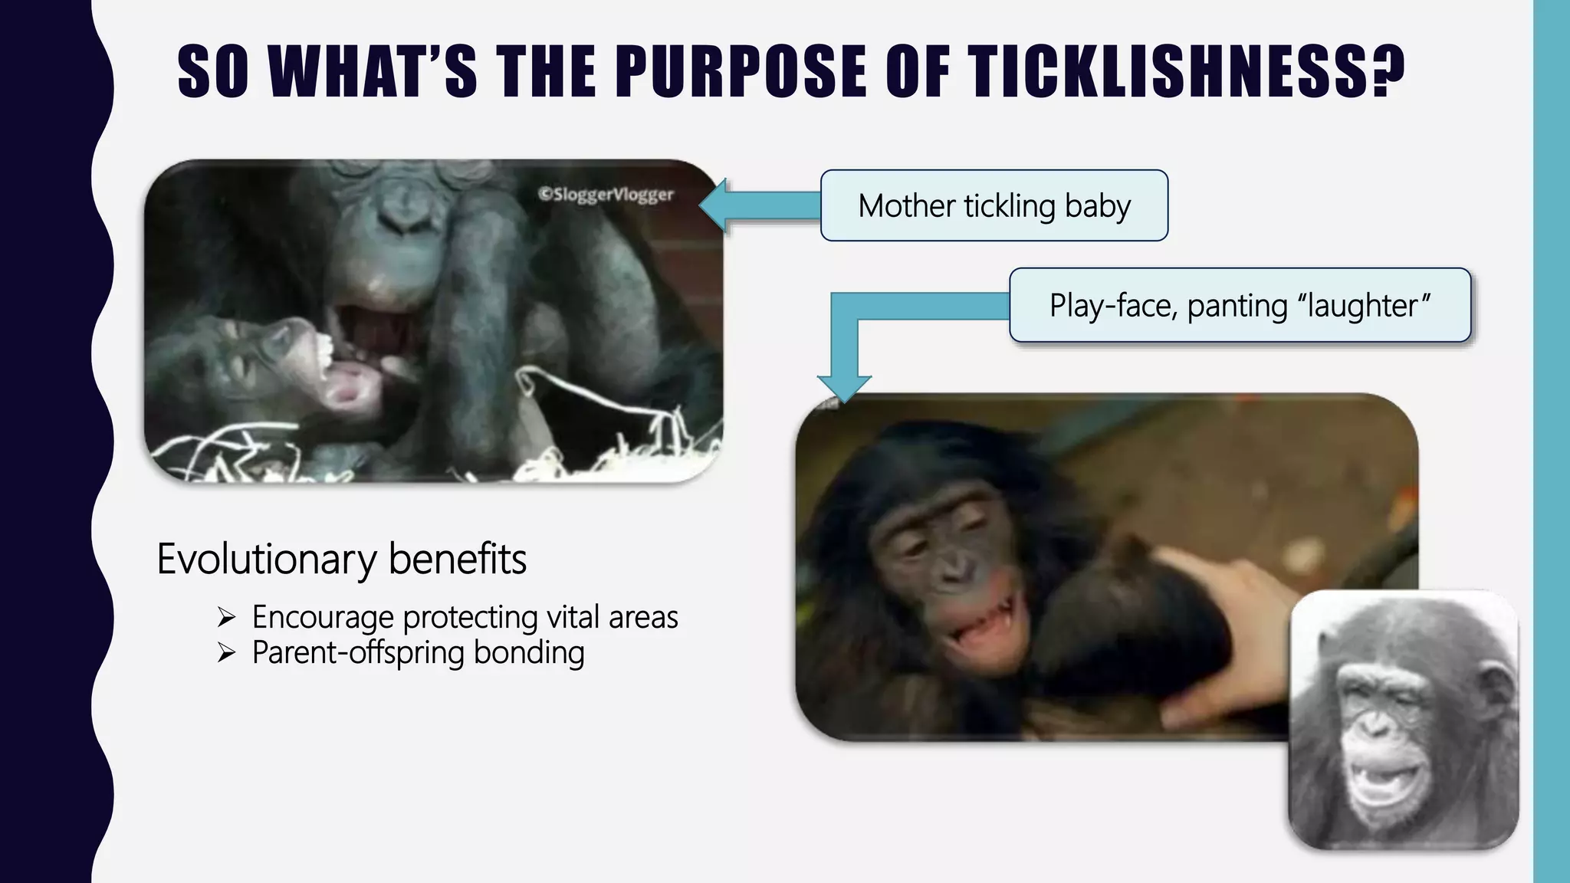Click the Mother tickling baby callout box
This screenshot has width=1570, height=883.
[x=994, y=205]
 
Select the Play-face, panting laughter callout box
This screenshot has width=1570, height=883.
[x=1239, y=305]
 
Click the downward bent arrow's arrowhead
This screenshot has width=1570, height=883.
[x=844, y=388]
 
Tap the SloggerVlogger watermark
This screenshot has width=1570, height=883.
[x=606, y=194]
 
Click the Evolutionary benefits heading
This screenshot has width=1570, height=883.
[x=341, y=559]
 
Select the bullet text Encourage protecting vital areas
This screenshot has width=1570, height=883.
[x=465, y=617]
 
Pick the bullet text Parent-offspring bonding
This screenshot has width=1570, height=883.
[x=418, y=653]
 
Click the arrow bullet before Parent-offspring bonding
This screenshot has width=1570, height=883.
[x=226, y=653]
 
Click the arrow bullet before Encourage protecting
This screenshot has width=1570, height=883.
[x=226, y=616]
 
